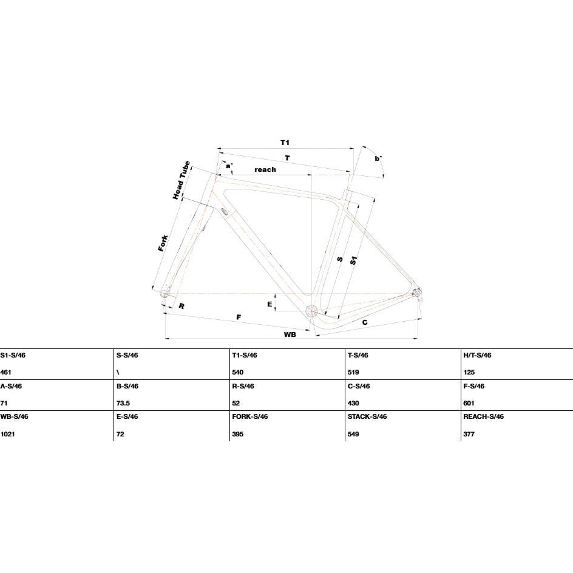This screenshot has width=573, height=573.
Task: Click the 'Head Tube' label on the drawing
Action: click(x=181, y=180)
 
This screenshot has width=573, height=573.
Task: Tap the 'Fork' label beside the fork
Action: click(x=163, y=243)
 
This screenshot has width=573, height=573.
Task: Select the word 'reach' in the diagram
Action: click(x=265, y=169)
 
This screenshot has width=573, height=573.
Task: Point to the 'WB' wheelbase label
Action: click(x=290, y=334)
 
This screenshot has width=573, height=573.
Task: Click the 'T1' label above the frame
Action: click(x=285, y=143)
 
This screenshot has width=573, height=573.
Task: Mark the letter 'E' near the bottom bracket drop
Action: click(x=270, y=304)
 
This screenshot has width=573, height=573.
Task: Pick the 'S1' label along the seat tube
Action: click(x=353, y=260)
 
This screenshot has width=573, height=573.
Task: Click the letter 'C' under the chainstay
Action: click(x=365, y=322)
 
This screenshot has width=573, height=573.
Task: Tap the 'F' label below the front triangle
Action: click(x=239, y=317)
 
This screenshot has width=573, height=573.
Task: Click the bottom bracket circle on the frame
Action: click(x=312, y=311)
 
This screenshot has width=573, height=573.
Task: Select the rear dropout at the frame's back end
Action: click(x=416, y=293)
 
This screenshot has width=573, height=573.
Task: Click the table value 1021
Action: click(x=7, y=434)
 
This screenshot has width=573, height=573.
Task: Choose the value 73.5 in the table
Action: click(x=123, y=403)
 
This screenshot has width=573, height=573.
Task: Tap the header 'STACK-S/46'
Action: click(x=367, y=416)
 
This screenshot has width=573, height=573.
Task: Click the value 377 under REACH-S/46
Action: click(x=469, y=434)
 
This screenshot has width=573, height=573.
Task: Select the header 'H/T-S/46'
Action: click(x=477, y=355)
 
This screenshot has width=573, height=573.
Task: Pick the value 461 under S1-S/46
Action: click(x=6, y=372)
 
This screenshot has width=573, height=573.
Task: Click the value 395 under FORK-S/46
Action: click(x=237, y=434)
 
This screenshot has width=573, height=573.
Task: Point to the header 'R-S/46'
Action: click(x=243, y=386)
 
